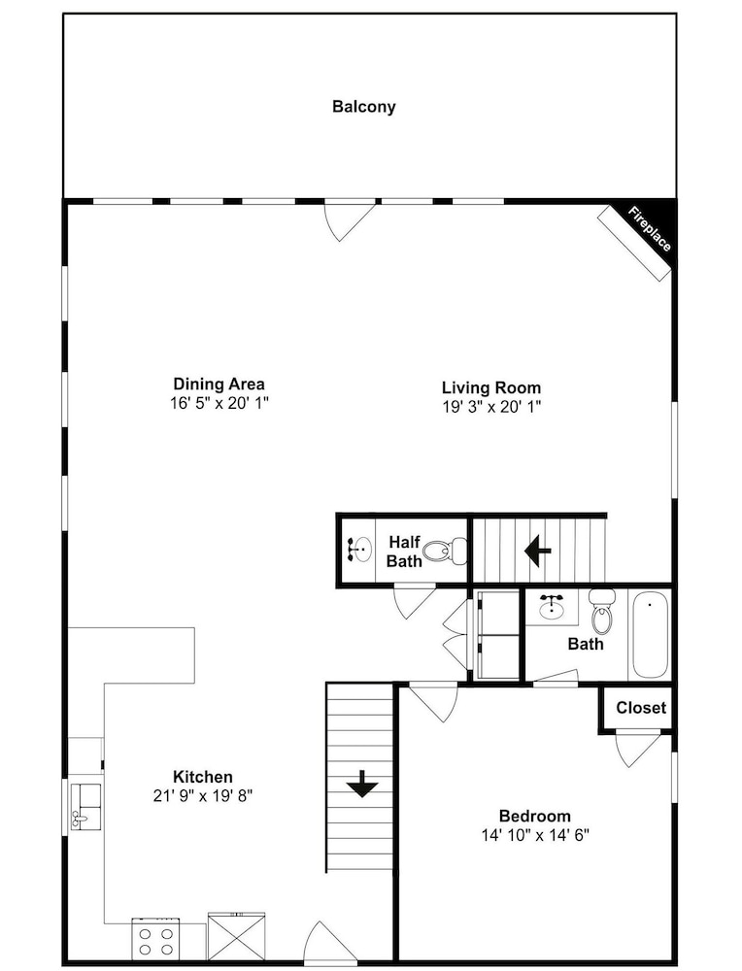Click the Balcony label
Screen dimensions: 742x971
click(363, 107)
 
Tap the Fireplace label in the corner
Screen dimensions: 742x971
click(649, 229)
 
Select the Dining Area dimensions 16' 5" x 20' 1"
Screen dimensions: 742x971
click(219, 403)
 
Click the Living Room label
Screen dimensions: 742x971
click(491, 387)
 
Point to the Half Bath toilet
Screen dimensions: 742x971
click(448, 550)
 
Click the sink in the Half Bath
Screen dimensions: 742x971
click(360, 550)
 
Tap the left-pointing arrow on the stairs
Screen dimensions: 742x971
click(538, 550)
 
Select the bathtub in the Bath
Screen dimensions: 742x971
click(649, 635)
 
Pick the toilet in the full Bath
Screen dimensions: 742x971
click(601, 610)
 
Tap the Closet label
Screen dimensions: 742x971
click(641, 707)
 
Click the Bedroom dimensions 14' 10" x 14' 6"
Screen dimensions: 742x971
click(535, 835)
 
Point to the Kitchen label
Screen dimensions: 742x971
click(203, 777)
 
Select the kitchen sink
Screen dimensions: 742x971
click(86, 806)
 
